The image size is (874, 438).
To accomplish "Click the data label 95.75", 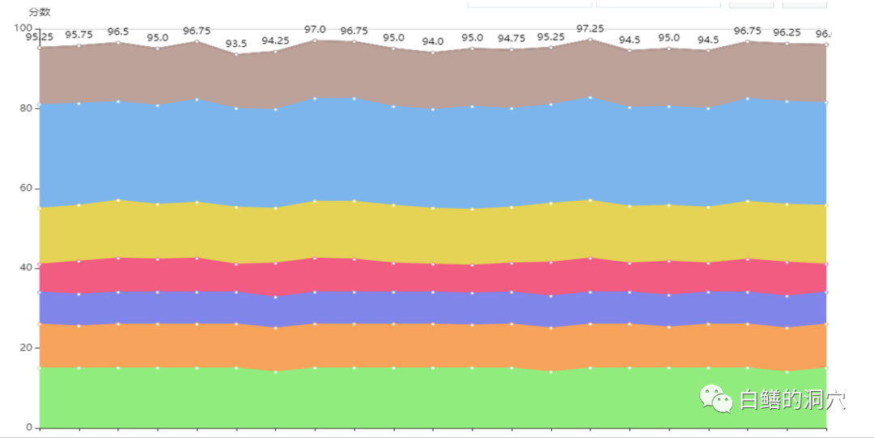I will [78, 35].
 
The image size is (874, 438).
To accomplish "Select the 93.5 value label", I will [236, 44].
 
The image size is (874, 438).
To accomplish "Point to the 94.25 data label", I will [275, 40].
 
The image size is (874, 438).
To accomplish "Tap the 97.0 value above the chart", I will [315, 29].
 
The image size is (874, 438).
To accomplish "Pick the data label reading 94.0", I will [433, 41].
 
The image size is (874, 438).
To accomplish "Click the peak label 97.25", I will [590, 28].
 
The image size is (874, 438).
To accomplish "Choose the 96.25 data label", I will [787, 32].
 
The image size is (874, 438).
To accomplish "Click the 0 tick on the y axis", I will [30, 427].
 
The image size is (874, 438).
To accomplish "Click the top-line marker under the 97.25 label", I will [590, 39].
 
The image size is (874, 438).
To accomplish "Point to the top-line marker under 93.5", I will [236, 54].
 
